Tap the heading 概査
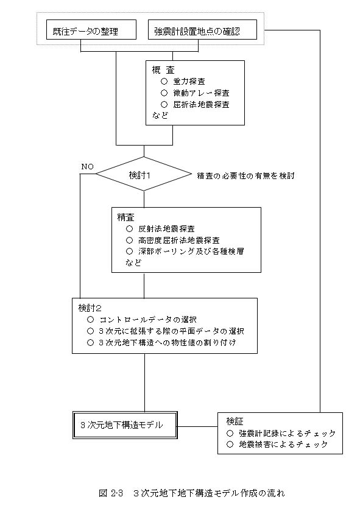click(x=163, y=70)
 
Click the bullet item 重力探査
click(x=189, y=81)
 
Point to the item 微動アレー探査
click(x=201, y=93)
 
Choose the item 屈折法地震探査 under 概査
click(x=201, y=105)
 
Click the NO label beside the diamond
click(x=87, y=166)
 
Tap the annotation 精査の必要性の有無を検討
click(x=245, y=176)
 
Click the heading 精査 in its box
click(x=125, y=217)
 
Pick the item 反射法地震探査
click(x=166, y=229)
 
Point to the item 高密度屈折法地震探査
click(x=178, y=241)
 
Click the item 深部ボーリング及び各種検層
click(x=191, y=252)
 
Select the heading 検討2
click(x=90, y=308)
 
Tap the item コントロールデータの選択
click(x=148, y=320)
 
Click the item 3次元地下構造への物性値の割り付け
click(x=168, y=342)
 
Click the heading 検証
click(x=235, y=421)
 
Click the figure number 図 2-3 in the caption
click(x=110, y=493)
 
